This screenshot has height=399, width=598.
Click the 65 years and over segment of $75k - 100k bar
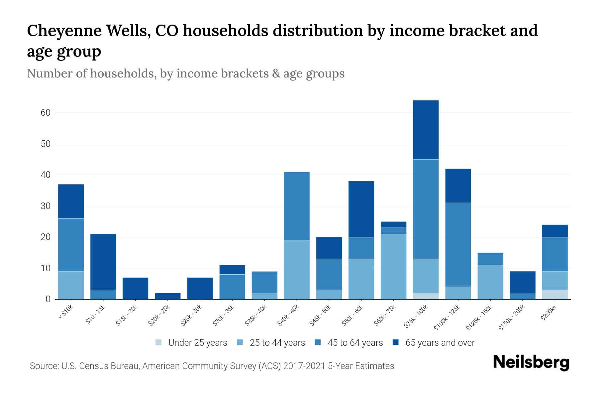426,130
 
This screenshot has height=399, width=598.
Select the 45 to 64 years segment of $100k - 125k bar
458,245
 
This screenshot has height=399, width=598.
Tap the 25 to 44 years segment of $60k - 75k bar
393,267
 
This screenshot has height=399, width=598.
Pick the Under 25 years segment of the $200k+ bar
554,295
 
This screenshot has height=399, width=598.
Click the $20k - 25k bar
168,296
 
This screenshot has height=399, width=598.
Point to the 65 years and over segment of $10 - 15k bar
103,262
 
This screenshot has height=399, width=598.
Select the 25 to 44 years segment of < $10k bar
71,285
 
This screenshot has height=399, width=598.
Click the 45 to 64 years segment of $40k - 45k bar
297,206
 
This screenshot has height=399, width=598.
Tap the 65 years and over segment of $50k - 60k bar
361,209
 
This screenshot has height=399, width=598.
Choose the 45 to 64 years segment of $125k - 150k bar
490,259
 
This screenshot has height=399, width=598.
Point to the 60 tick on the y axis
46,113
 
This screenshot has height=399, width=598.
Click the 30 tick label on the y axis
46,206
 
